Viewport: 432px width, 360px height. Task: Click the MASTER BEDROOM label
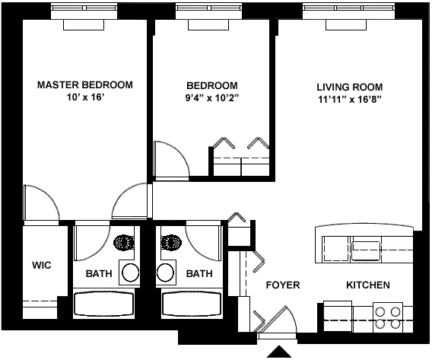pos(85,85)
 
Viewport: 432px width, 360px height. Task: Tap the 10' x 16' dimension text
pos(85,97)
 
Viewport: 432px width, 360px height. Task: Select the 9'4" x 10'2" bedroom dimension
pos(212,98)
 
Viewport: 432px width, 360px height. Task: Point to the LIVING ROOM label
pos(349,87)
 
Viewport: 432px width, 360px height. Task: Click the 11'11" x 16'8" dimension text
pos(349,100)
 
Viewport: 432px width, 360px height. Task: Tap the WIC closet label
pos(42,265)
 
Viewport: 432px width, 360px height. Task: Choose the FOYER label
pos(283,285)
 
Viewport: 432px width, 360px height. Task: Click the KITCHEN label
pos(368,285)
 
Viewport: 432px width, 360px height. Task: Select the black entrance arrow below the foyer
pos(279,352)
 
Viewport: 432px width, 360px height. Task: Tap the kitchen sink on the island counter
pos(366,251)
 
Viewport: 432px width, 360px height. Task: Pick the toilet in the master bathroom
pos(124,243)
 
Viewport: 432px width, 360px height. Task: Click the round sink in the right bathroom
pos(166,272)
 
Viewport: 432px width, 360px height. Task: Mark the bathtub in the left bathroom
pos(104,304)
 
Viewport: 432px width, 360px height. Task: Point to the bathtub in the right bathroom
pos(192,304)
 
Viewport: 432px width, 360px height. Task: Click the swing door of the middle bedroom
pos(172,161)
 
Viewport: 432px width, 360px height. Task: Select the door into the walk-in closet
pos(41,202)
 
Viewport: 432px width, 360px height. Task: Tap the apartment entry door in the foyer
pos(277,321)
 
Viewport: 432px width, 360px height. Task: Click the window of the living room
pos(348,11)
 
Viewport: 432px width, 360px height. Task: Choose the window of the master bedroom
pos(84,11)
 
